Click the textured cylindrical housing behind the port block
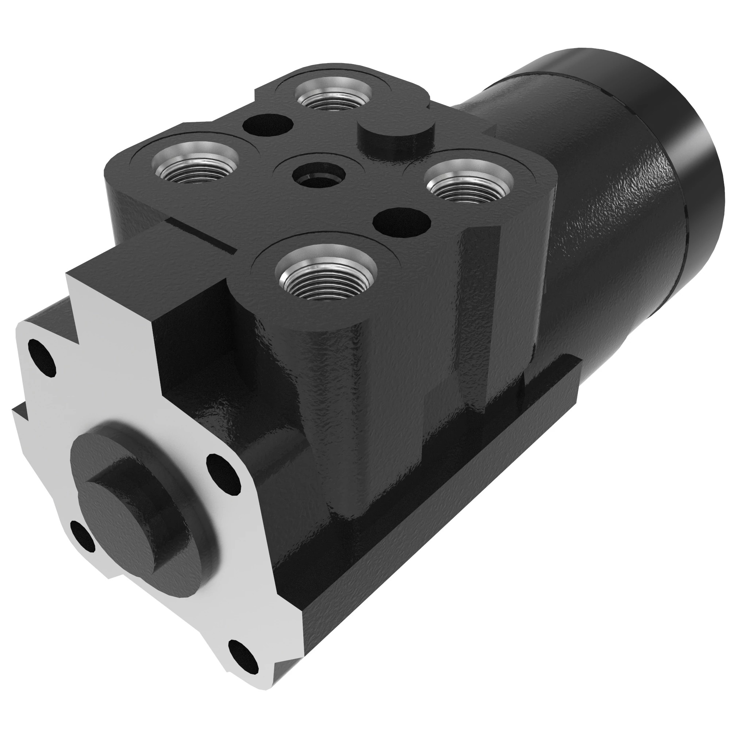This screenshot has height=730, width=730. pyautogui.click(x=604, y=227)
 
